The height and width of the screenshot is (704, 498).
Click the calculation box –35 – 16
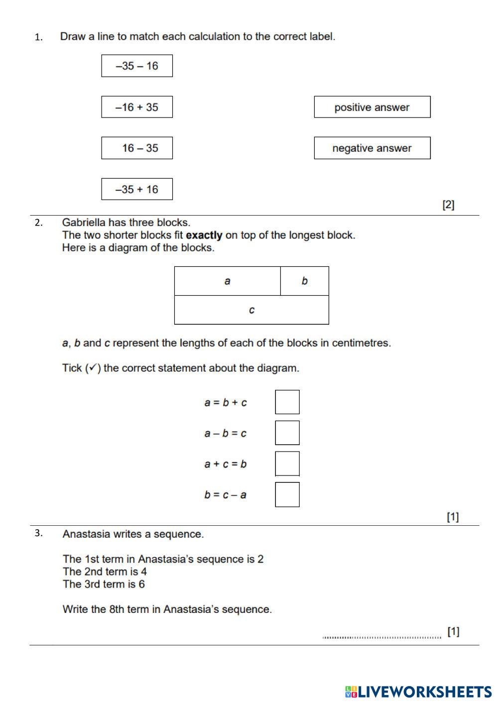(x=137, y=66)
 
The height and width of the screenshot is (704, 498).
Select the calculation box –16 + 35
(x=137, y=107)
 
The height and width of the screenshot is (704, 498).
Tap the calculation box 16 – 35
(x=137, y=148)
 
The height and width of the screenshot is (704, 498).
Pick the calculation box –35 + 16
(x=137, y=189)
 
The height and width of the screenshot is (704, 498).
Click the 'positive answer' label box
(x=372, y=107)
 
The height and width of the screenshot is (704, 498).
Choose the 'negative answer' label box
(x=372, y=148)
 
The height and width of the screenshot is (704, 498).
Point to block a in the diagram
(x=227, y=281)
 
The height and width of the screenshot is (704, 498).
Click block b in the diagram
(x=304, y=281)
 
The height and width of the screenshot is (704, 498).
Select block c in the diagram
(x=251, y=310)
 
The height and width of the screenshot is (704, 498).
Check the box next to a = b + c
(x=287, y=402)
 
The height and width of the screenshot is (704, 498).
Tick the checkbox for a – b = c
(x=287, y=433)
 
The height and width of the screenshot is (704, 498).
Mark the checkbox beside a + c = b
(x=287, y=464)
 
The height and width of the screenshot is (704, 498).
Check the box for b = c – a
(x=287, y=494)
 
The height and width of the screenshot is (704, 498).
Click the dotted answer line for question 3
(x=381, y=636)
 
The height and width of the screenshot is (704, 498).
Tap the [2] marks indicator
(x=448, y=204)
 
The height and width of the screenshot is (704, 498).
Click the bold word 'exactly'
(x=204, y=235)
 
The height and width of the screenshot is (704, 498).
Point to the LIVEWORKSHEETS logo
(x=418, y=692)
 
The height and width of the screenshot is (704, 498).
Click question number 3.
(x=39, y=533)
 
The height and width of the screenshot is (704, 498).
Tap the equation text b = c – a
(x=225, y=494)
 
